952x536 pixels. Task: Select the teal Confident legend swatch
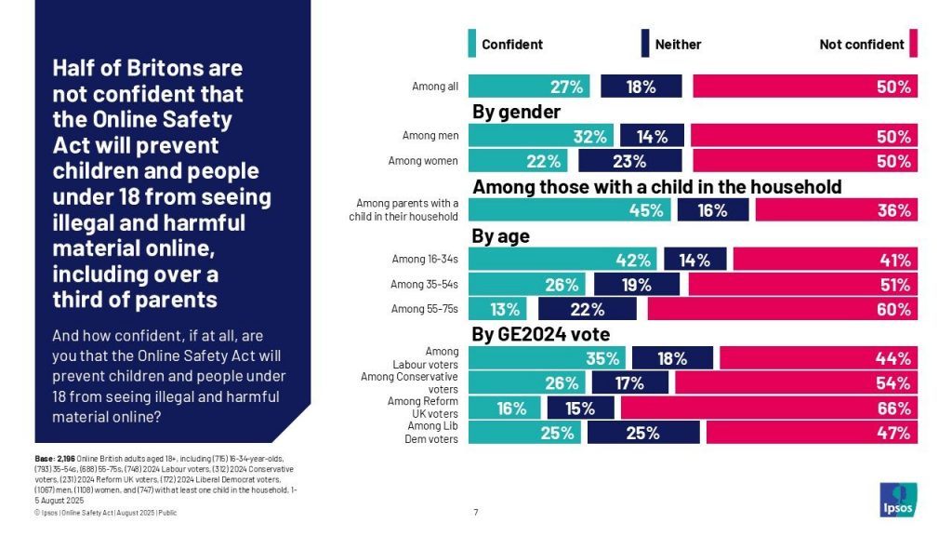point(472,44)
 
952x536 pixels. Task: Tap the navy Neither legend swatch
point(645,44)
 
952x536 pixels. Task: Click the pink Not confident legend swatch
point(914,44)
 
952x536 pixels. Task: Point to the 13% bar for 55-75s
point(497,309)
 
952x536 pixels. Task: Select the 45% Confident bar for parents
point(570,210)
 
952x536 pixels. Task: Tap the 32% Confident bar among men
point(541,137)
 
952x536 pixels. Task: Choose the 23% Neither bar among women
point(629,161)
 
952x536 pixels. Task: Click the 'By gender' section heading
point(517,113)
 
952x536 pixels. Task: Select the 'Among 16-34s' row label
point(424,260)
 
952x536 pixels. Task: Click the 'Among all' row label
point(435,87)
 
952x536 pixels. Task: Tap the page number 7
point(476,512)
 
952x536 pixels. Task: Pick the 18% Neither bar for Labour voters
point(672,358)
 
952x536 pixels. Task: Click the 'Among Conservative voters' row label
point(410,382)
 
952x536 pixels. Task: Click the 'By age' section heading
point(501,236)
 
